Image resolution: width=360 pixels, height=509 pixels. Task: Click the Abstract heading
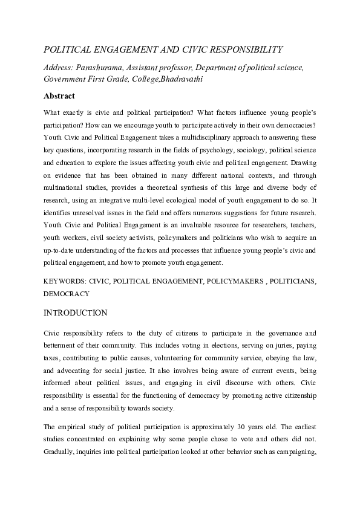click(59, 96)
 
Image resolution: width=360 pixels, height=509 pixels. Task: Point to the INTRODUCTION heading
click(75, 313)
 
